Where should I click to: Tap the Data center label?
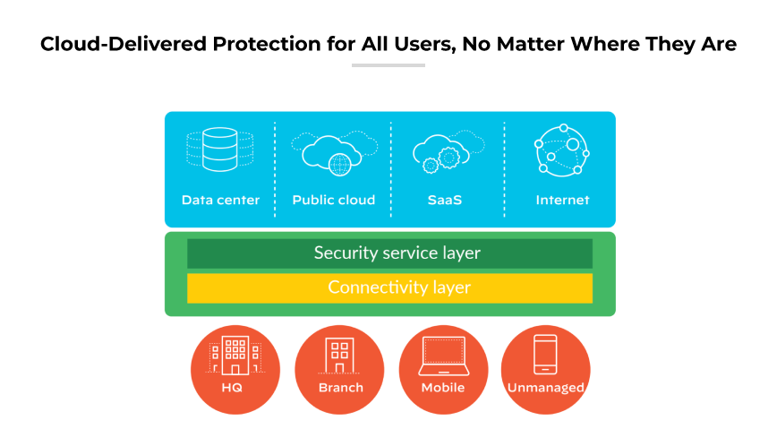coord(220,200)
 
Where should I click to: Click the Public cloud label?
coord(333,200)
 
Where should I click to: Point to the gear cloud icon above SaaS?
coord(445,152)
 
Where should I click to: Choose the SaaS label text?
coord(445,200)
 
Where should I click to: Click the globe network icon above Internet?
coord(560,150)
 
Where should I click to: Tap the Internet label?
coord(562,200)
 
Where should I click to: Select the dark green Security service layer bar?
coord(389,253)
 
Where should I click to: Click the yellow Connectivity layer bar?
coord(389,288)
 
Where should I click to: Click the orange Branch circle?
coord(339,369)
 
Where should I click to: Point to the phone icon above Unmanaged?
coord(545,355)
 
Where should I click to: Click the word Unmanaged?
coord(545,388)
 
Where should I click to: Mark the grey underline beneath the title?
coord(388,65)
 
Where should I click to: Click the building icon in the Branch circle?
coord(339,356)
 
